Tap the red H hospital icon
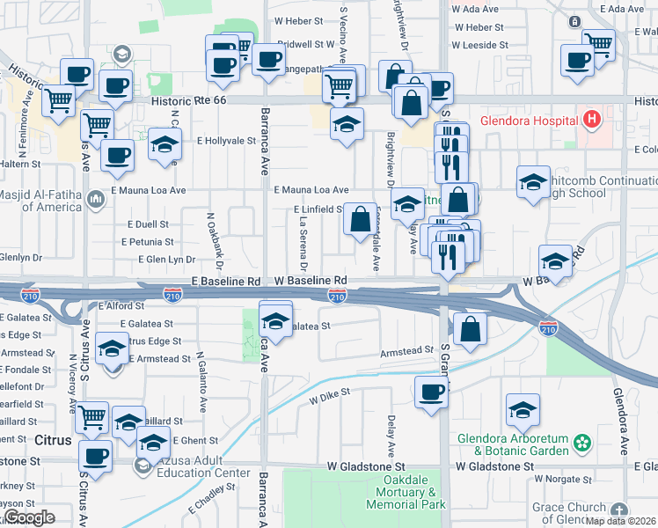pos(592,118)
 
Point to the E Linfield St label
pos(318,209)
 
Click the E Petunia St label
pos(145,241)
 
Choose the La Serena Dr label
pos(303,241)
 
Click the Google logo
pos(29,517)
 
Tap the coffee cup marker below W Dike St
pos(431,392)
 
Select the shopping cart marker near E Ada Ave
pos(598,44)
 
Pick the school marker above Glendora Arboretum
pos(523,410)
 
